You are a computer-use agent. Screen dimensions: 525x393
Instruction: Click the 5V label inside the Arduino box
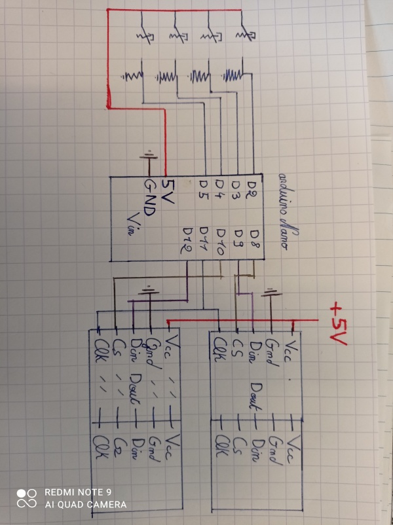pos(168,194)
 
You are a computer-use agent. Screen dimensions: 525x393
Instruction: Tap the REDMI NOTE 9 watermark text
pos(78,492)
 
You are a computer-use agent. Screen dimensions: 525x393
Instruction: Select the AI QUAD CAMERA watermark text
pos(85,505)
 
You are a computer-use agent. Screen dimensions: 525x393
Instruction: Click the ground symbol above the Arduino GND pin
pos(149,156)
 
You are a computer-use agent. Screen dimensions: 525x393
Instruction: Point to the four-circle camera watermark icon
pos(27,498)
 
